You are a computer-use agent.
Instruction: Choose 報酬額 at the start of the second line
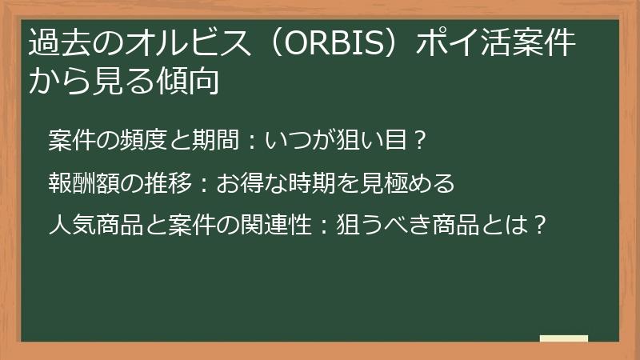[77, 184]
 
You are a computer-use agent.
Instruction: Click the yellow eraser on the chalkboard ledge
[564, 338]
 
